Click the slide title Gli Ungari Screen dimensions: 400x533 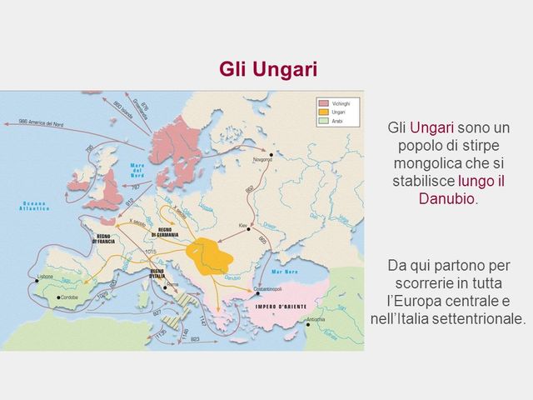coord(268,68)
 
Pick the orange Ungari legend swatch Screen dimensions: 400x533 coord(321,109)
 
